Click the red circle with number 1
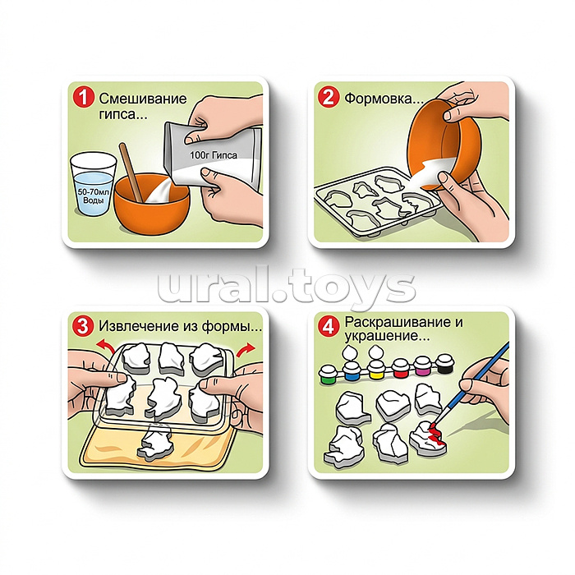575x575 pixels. [83, 98]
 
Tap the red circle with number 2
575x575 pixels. [328, 97]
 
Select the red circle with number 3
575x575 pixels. [83, 325]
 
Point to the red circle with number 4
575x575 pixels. [329, 325]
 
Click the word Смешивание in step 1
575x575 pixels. [143, 99]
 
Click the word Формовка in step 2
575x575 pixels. [379, 99]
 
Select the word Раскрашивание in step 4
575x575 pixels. [398, 322]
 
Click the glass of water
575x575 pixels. [93, 184]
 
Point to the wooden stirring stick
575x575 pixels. [131, 172]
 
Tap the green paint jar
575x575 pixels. [329, 374]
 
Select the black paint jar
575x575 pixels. [445, 364]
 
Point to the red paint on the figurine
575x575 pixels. [436, 435]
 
